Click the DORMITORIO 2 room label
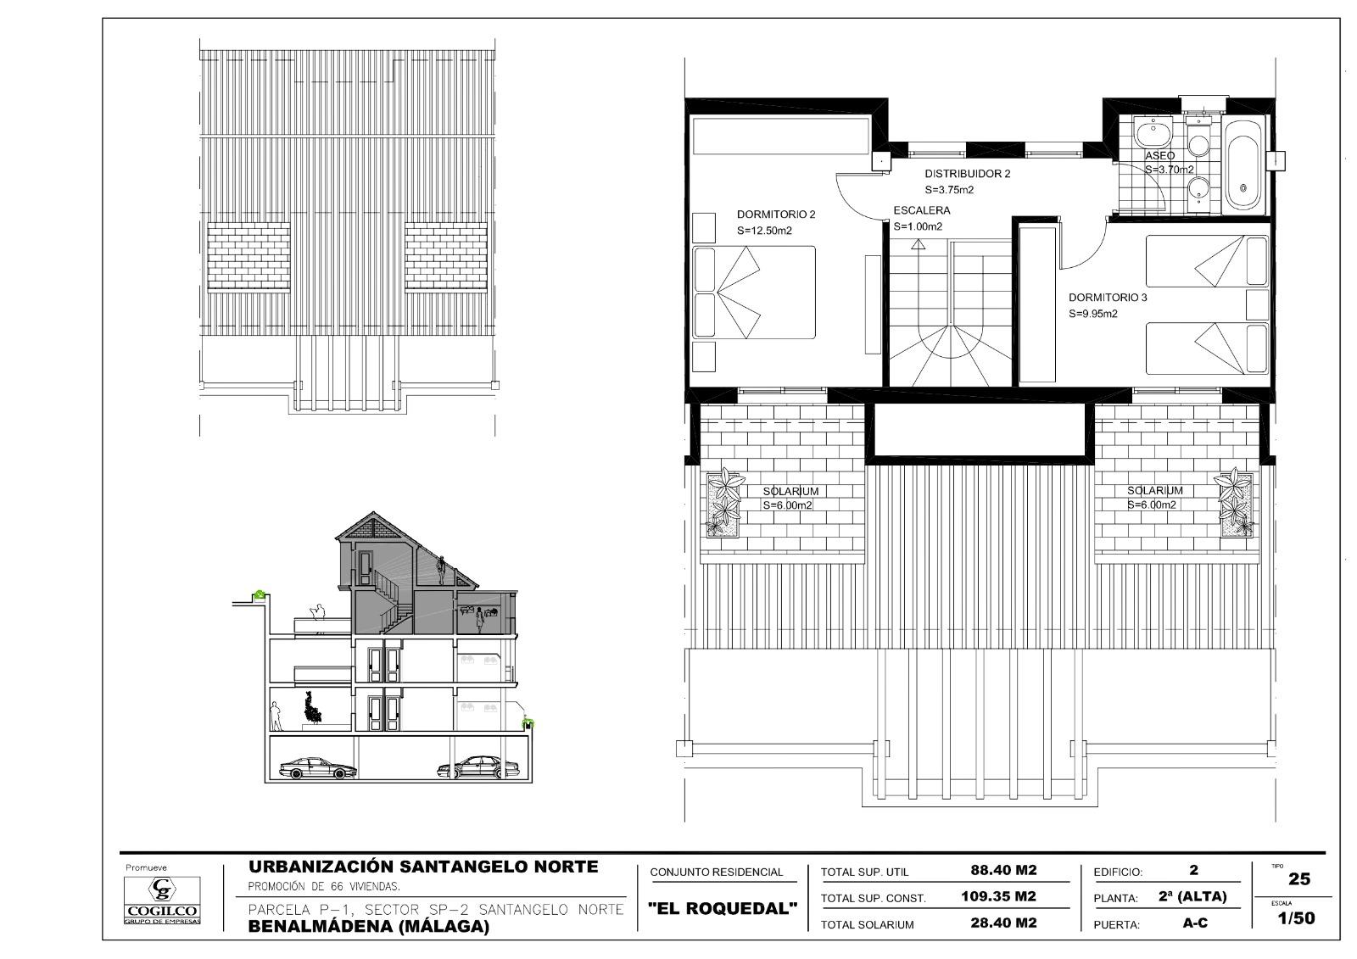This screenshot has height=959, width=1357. [x=776, y=215]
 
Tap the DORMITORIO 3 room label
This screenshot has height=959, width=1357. [x=1108, y=298]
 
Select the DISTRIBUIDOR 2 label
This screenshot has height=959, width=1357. [x=968, y=174]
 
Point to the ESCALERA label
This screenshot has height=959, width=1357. [x=922, y=211]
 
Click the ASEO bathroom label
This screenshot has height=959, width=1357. [x=1160, y=156]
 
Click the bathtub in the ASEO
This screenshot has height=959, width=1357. [x=1243, y=164]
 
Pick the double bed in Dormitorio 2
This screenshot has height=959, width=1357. [x=754, y=292]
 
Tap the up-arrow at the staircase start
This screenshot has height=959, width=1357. [x=919, y=244]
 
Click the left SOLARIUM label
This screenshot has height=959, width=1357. [x=790, y=491]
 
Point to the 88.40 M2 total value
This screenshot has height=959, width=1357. [x=1003, y=870]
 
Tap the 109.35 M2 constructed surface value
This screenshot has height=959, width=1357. [x=998, y=896]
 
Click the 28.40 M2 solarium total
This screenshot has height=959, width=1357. [x=1003, y=923]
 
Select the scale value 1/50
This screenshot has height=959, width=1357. [x=1297, y=918]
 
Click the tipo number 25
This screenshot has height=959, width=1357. [x=1299, y=879]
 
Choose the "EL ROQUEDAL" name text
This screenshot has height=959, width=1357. [x=722, y=908]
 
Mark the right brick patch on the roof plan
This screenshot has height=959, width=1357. [x=446, y=257]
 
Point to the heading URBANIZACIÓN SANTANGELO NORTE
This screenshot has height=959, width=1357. [x=423, y=867]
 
